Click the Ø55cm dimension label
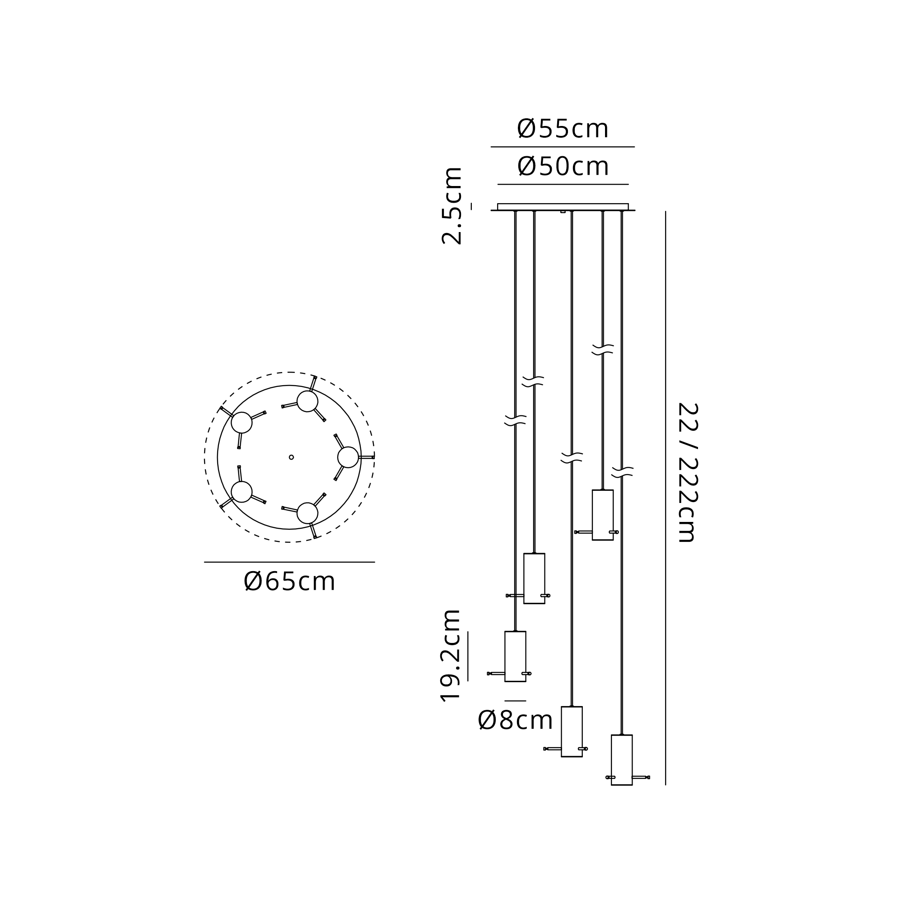(x=563, y=129)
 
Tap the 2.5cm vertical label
(x=452, y=205)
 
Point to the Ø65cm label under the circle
(x=289, y=582)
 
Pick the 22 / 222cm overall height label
(x=688, y=472)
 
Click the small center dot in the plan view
(x=291, y=457)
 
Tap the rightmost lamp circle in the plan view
(x=348, y=457)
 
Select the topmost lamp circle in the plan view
(x=307, y=401)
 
